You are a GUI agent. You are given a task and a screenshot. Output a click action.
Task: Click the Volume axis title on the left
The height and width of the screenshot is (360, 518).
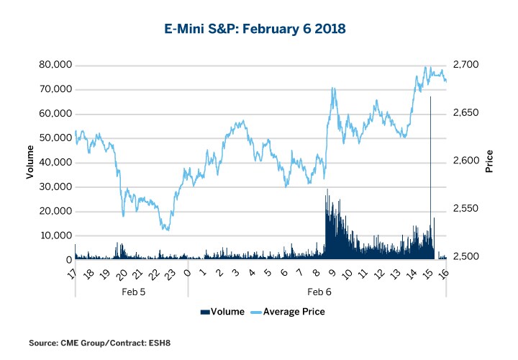(30, 161)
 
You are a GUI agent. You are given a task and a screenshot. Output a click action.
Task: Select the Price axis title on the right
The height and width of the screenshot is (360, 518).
(489, 161)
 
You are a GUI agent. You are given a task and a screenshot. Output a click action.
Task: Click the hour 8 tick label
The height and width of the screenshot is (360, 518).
(316, 274)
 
